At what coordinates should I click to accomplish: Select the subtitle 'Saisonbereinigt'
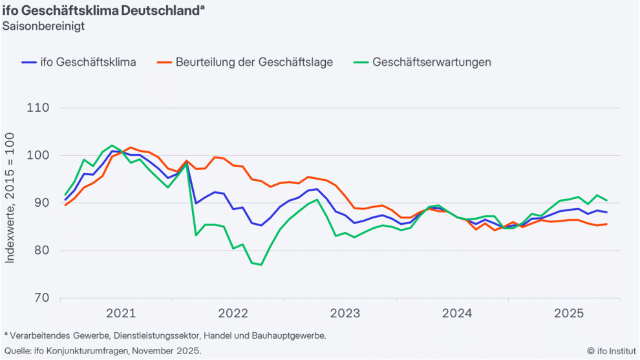(x=43, y=26)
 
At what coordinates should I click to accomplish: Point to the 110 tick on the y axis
(x=38, y=108)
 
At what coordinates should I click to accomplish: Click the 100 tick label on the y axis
(x=38, y=155)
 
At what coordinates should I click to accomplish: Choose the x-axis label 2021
(x=121, y=313)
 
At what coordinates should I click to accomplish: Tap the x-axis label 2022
(x=233, y=313)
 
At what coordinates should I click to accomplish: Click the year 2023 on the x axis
(x=345, y=313)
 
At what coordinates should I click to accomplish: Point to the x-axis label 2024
(x=457, y=313)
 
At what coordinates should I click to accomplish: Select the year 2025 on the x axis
(x=569, y=313)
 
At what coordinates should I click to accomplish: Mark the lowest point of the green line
(x=261, y=264)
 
